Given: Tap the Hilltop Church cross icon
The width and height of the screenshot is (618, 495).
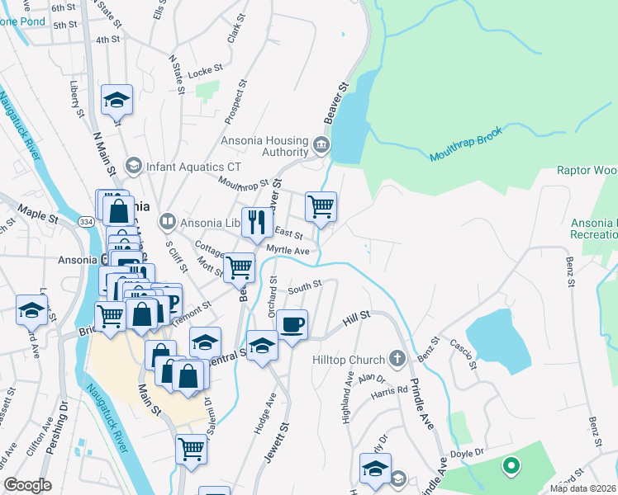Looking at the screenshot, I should click(x=397, y=359).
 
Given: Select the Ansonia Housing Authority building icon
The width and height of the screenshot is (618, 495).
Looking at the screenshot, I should click(x=321, y=148).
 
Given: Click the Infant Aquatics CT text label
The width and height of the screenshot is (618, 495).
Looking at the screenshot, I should click(x=194, y=167).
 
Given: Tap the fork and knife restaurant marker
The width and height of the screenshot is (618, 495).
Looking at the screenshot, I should click(x=256, y=220).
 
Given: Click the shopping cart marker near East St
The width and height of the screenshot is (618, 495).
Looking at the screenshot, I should click(x=321, y=206).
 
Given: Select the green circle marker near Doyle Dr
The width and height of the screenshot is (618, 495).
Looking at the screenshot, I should click(x=511, y=467).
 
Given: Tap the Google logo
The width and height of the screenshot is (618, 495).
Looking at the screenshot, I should click(x=28, y=484).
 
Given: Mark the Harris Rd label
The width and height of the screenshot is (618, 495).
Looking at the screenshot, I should click(x=391, y=390).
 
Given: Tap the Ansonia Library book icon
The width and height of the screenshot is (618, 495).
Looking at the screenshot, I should click(x=168, y=221).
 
